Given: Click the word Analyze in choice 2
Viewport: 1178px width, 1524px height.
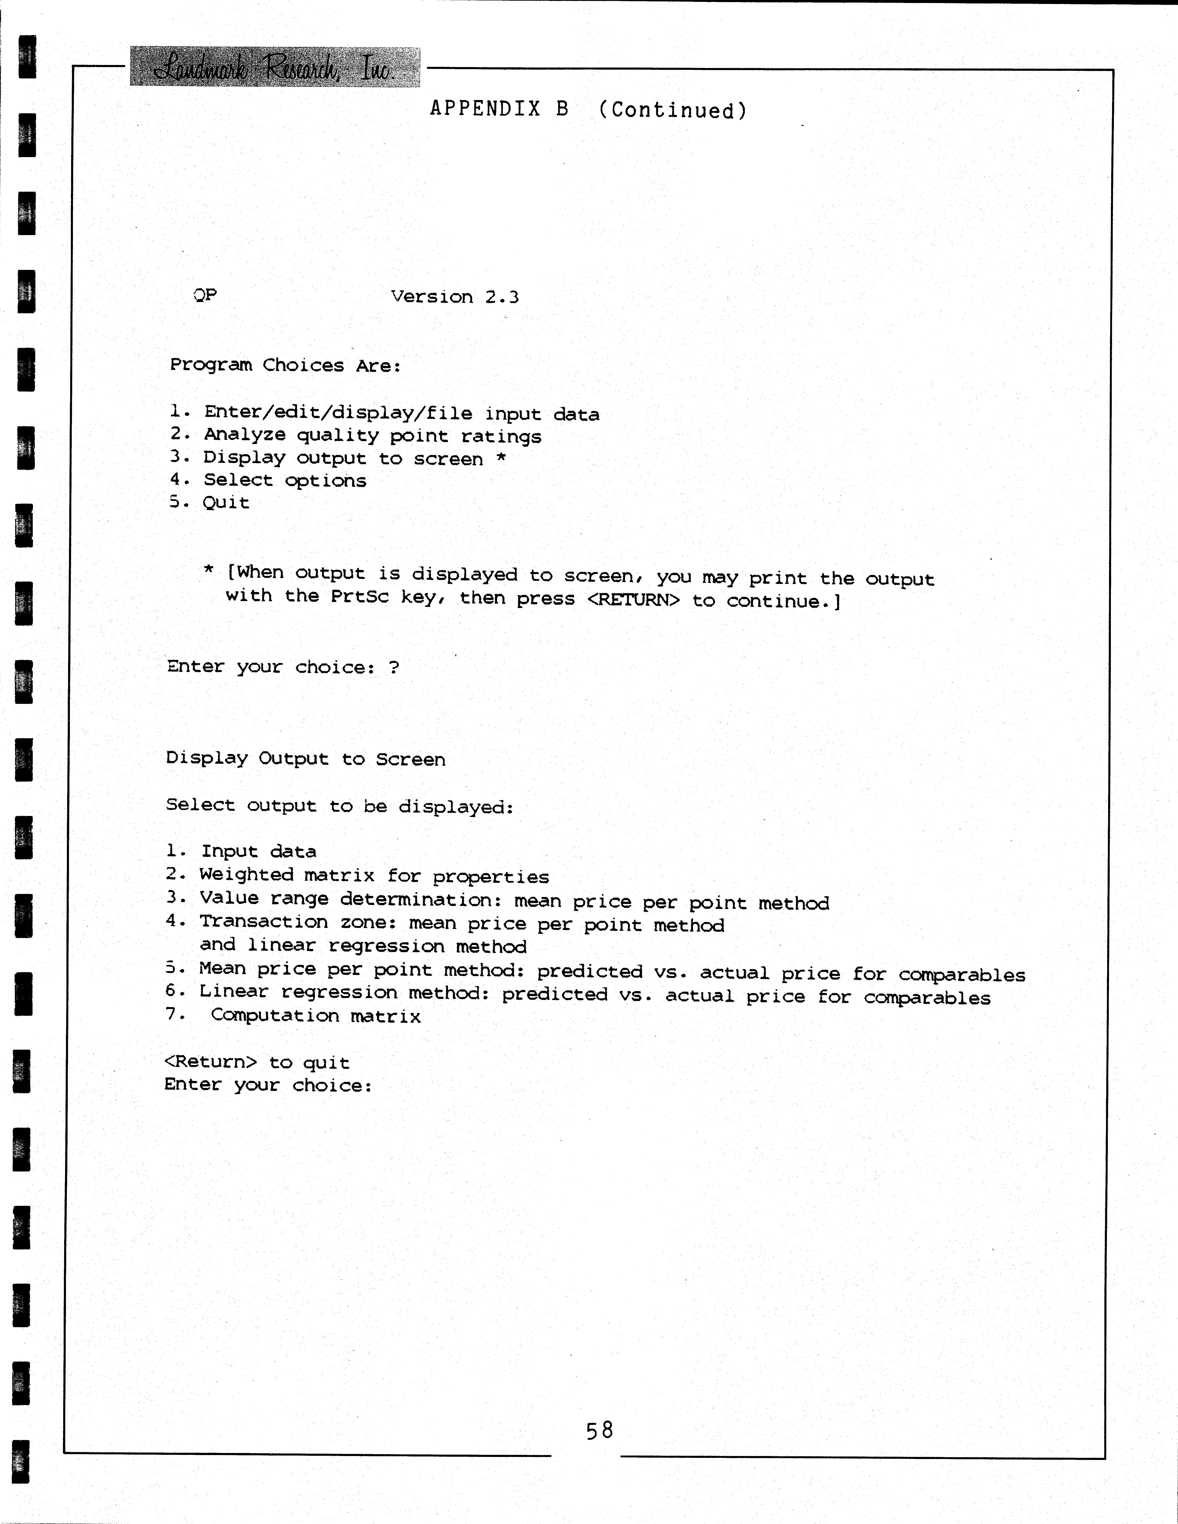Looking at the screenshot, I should (x=244, y=435).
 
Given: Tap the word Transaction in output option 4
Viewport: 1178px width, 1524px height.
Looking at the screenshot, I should (x=263, y=922).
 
